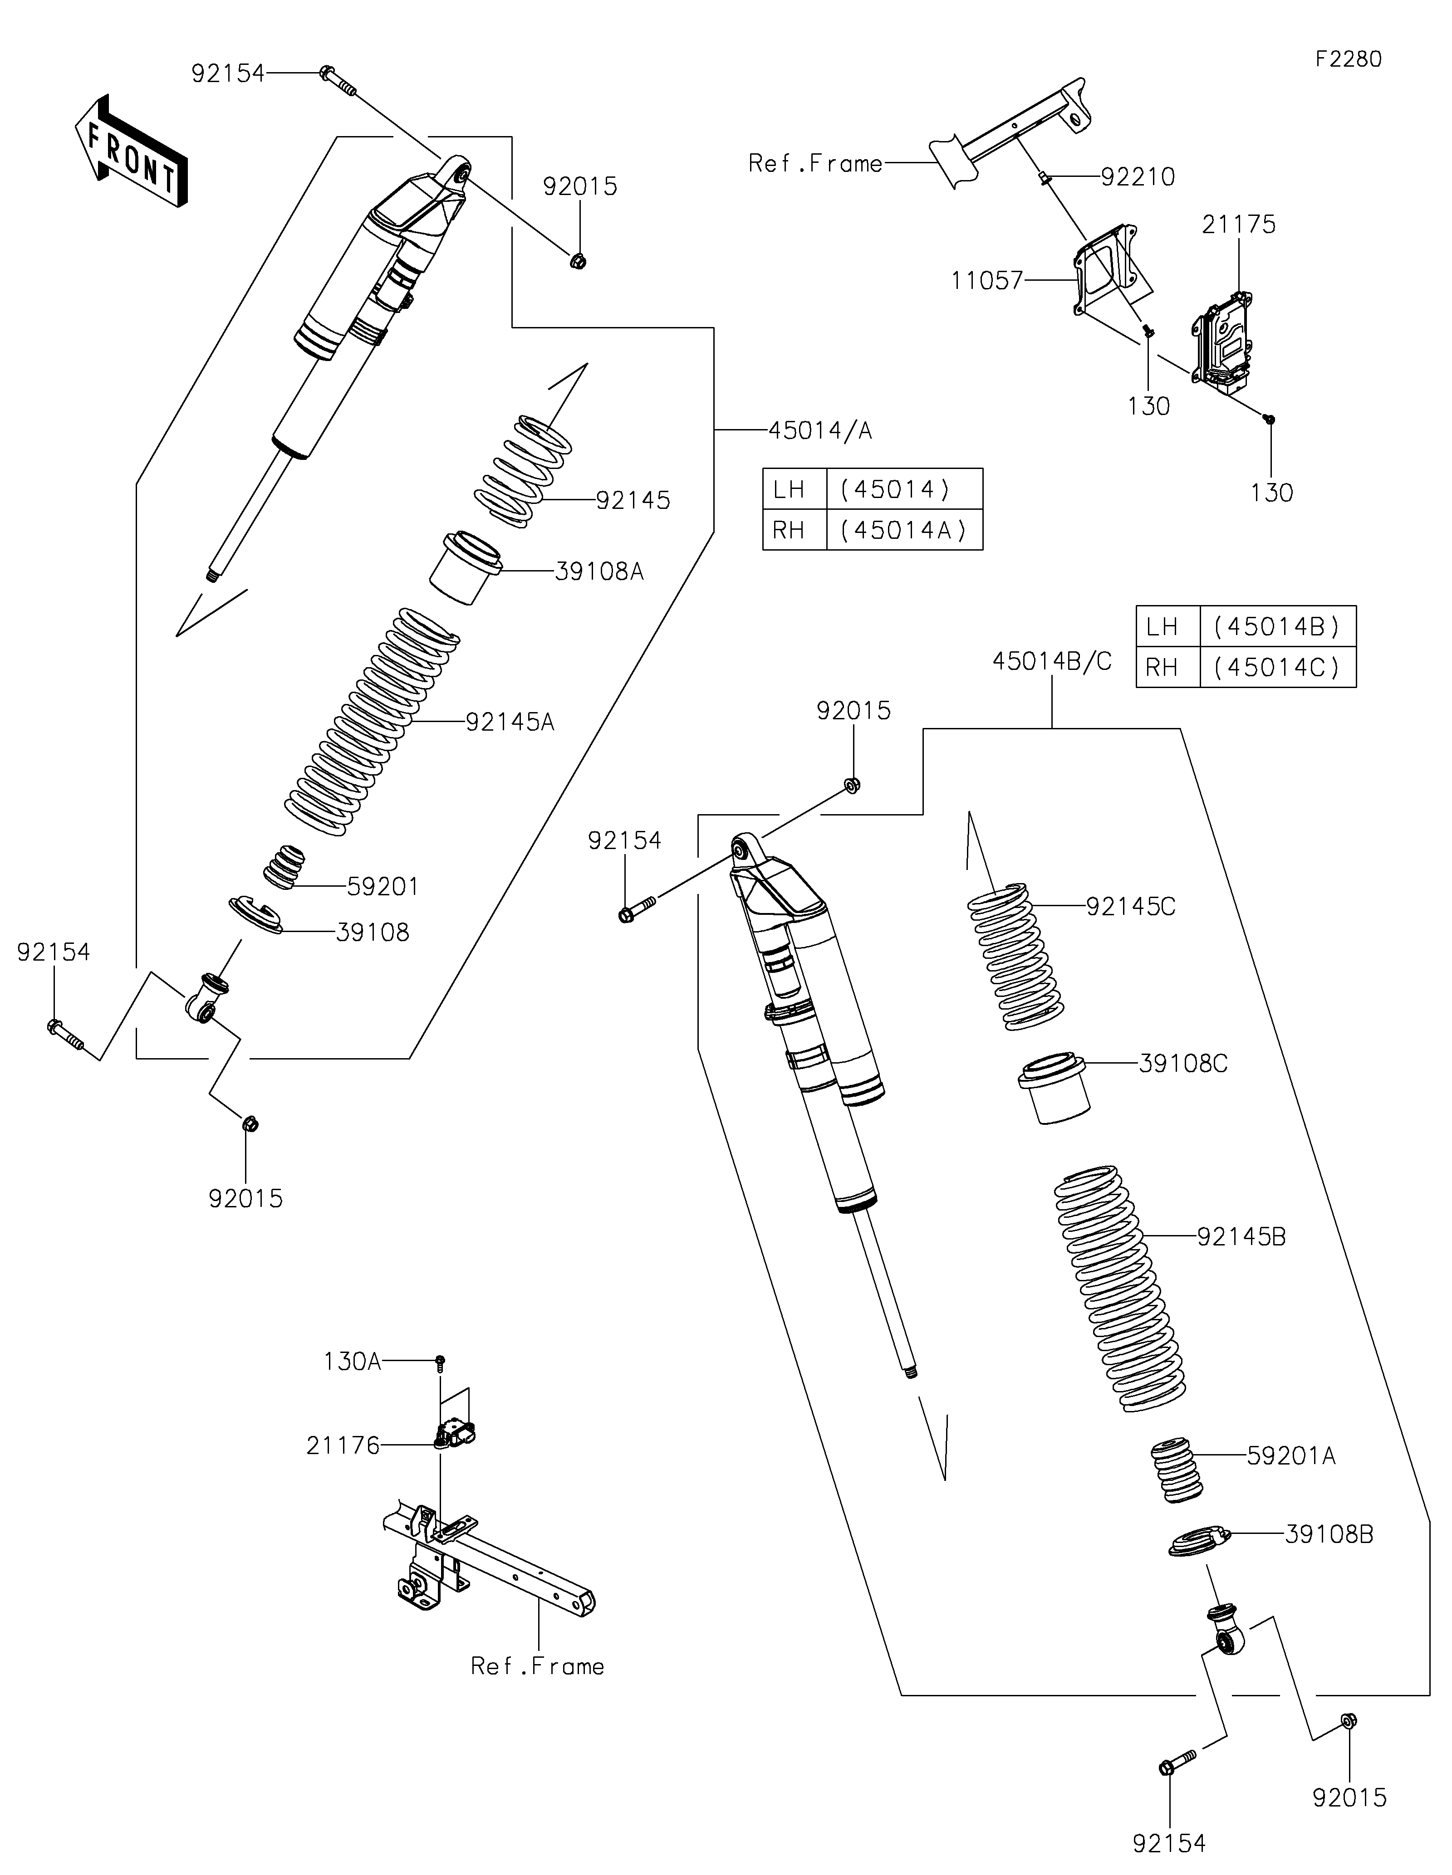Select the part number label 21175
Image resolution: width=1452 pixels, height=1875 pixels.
pyautogui.click(x=1238, y=225)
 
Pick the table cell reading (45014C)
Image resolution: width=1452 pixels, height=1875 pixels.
pyautogui.click(x=1278, y=667)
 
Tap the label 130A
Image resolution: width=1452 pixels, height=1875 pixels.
pyautogui.click(x=352, y=1362)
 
